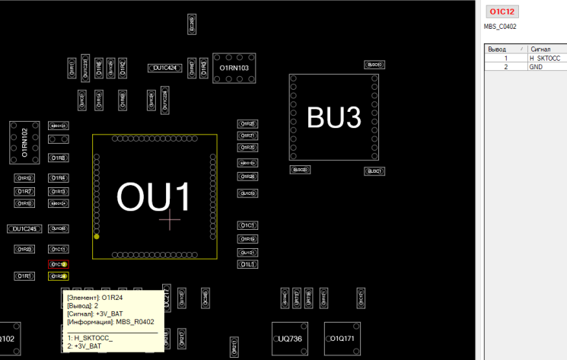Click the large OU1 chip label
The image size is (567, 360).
click(154, 196)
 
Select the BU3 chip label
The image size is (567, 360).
click(333, 117)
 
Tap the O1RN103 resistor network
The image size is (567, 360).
click(234, 68)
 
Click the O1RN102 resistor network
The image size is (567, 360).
click(24, 142)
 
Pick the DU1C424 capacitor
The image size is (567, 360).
click(165, 68)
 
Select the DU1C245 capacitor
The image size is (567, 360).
click(24, 228)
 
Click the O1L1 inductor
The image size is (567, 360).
click(247, 264)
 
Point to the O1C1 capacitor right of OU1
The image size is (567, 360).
click(247, 226)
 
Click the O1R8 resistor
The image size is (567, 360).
click(58, 158)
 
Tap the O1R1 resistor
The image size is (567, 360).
click(24, 276)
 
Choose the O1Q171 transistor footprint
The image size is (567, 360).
click(342, 338)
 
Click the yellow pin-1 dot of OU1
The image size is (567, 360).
click(97, 237)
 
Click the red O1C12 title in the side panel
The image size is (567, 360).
click(503, 11)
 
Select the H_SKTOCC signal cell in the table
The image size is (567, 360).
click(545, 58)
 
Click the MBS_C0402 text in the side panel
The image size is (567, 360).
click(500, 27)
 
